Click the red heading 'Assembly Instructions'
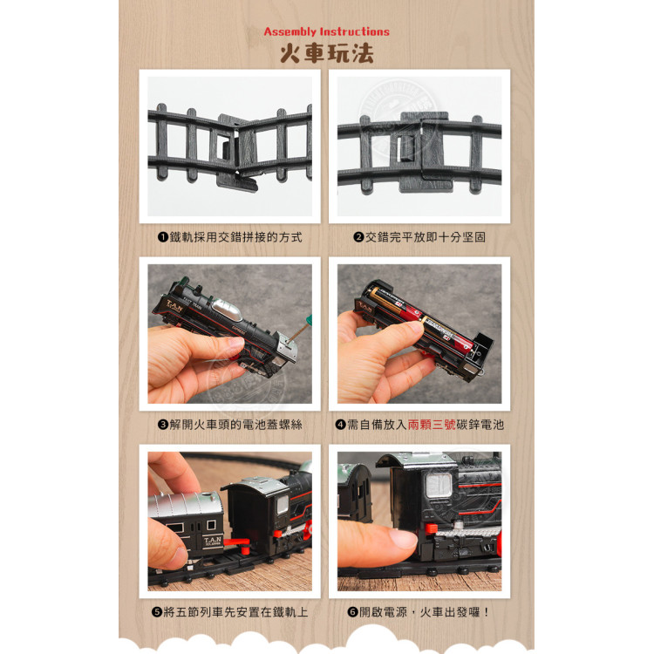click(x=326, y=31)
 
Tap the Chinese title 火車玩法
click(x=326, y=52)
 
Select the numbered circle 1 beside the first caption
click(x=162, y=237)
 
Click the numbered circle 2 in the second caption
click(x=358, y=237)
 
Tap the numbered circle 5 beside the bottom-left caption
click(x=157, y=612)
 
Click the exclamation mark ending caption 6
click(x=486, y=612)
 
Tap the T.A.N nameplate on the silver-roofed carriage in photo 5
click(x=213, y=542)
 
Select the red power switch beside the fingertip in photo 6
click(x=429, y=532)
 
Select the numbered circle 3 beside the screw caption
click(x=162, y=425)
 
